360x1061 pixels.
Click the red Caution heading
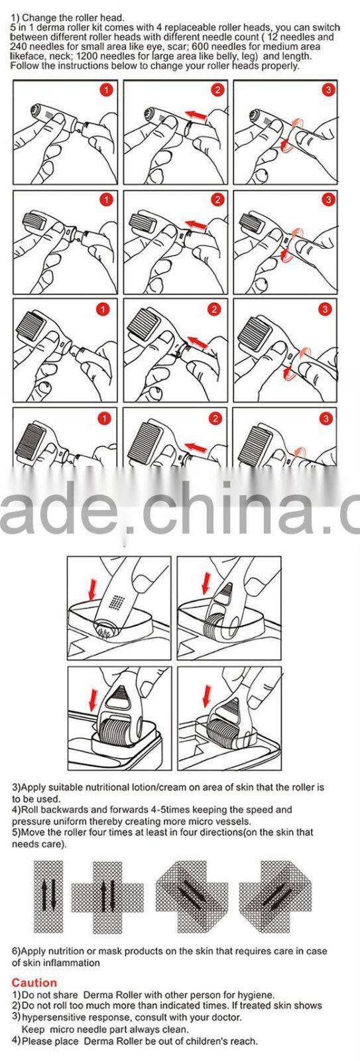[34, 982]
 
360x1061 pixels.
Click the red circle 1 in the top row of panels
[105, 90]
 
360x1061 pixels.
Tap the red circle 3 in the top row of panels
[328, 90]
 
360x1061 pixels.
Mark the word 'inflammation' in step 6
[72, 962]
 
